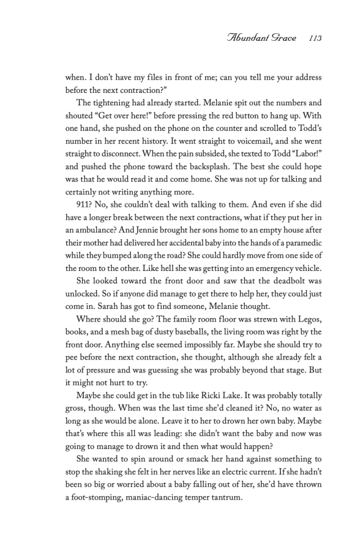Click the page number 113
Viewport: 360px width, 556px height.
(x=315, y=39)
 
